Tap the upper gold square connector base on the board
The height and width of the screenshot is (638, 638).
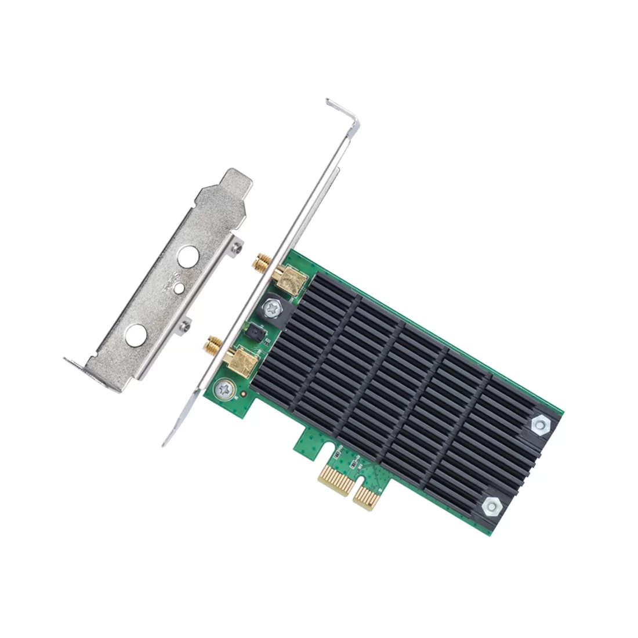tap(291, 280)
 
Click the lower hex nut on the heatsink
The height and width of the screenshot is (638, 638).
tap(490, 505)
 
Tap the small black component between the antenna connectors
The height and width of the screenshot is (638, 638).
tap(253, 332)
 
